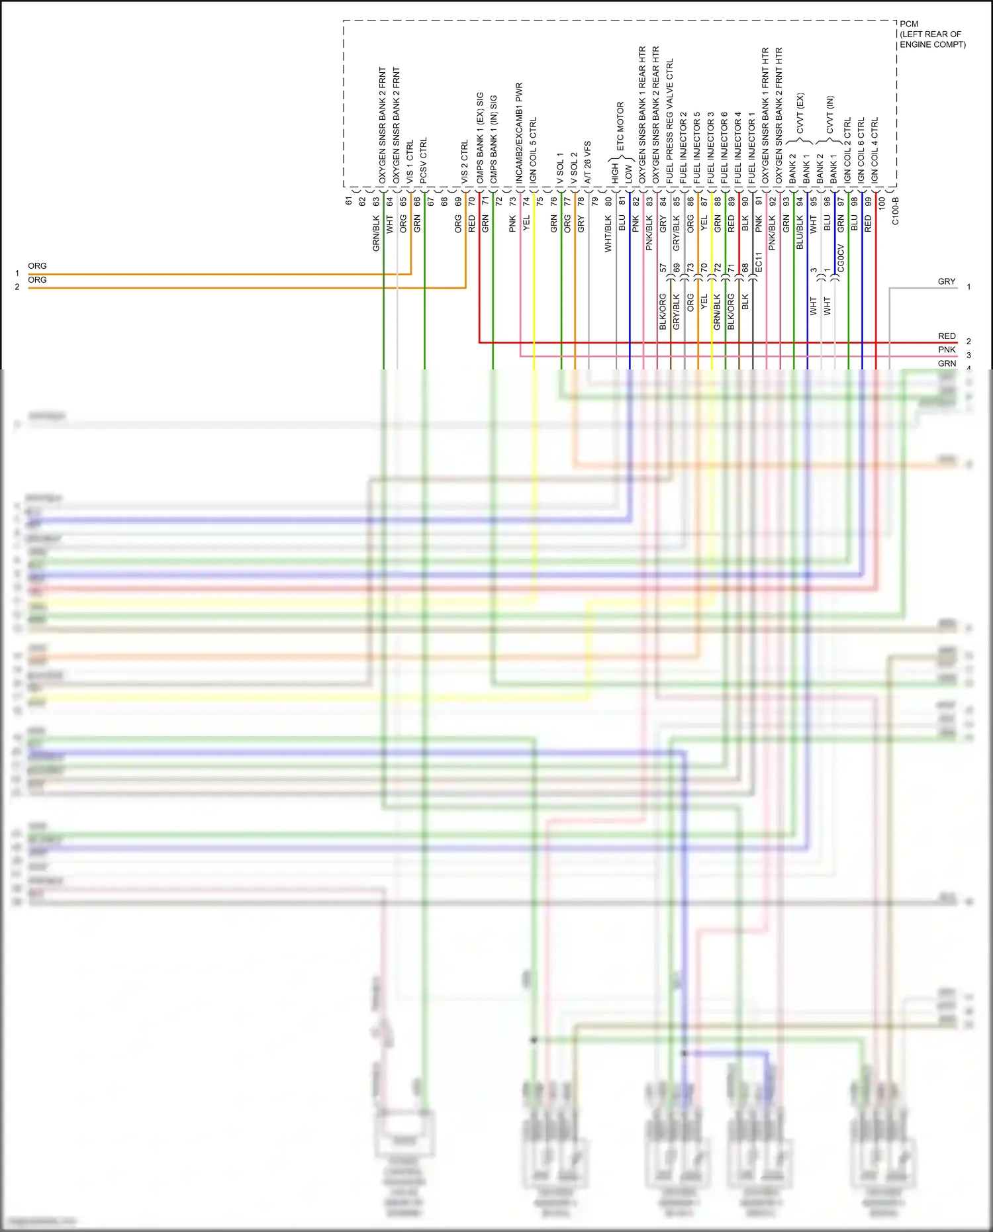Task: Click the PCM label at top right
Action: (x=909, y=24)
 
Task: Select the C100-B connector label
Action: (x=895, y=211)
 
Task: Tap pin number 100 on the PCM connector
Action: (x=881, y=204)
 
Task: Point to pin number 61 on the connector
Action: (x=349, y=201)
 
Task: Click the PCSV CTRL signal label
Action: (x=424, y=161)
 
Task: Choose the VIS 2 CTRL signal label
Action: (x=465, y=162)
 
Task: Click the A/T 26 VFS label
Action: (x=587, y=162)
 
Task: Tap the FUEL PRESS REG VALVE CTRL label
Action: (x=670, y=121)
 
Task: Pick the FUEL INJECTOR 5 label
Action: (x=697, y=148)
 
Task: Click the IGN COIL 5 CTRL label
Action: (x=533, y=150)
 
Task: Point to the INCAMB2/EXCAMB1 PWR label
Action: (x=519, y=132)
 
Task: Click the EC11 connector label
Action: (x=759, y=262)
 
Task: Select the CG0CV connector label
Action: (x=841, y=258)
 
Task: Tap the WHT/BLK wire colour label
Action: (x=608, y=234)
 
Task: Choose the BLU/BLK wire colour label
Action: (x=800, y=232)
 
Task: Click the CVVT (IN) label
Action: (x=830, y=115)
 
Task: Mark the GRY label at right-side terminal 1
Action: (x=947, y=281)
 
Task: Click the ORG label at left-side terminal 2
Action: (x=37, y=280)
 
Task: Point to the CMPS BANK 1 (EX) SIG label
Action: (x=479, y=138)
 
